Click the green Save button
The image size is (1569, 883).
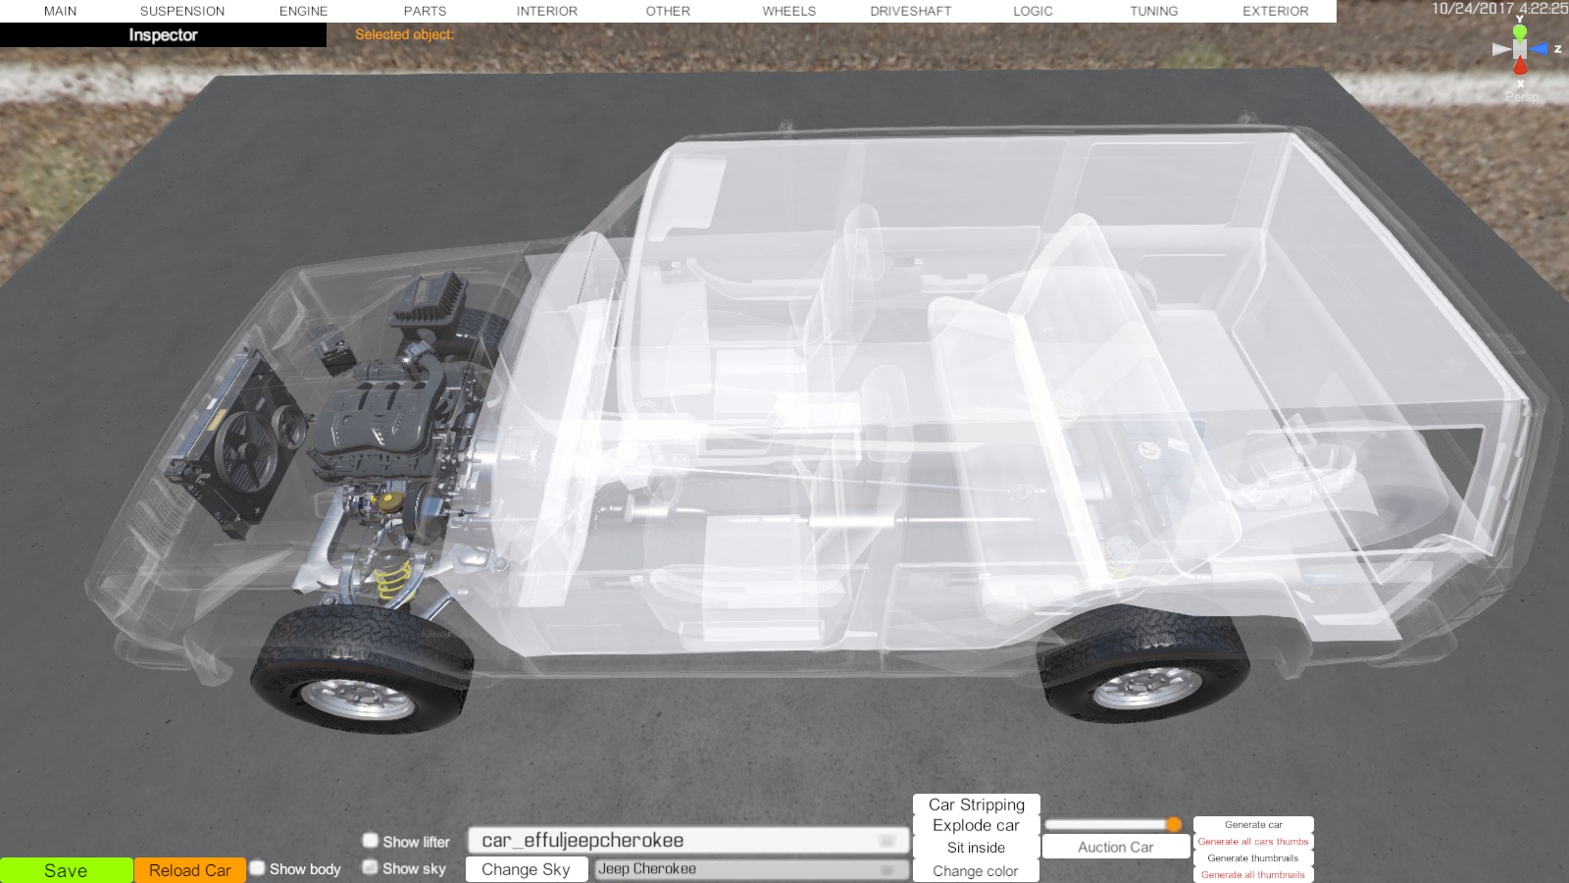coord(66,870)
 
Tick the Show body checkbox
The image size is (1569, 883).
coord(258,868)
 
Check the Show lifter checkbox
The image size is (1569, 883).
coord(370,840)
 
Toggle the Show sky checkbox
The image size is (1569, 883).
coord(370,867)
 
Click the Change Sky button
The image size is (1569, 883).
coord(526,869)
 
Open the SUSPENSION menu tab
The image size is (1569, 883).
coord(182,11)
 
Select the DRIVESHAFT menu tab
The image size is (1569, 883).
coord(911,11)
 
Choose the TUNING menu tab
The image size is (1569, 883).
coord(1153,11)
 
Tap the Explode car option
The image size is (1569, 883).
coord(976,825)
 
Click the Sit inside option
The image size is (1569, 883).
coord(976,848)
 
